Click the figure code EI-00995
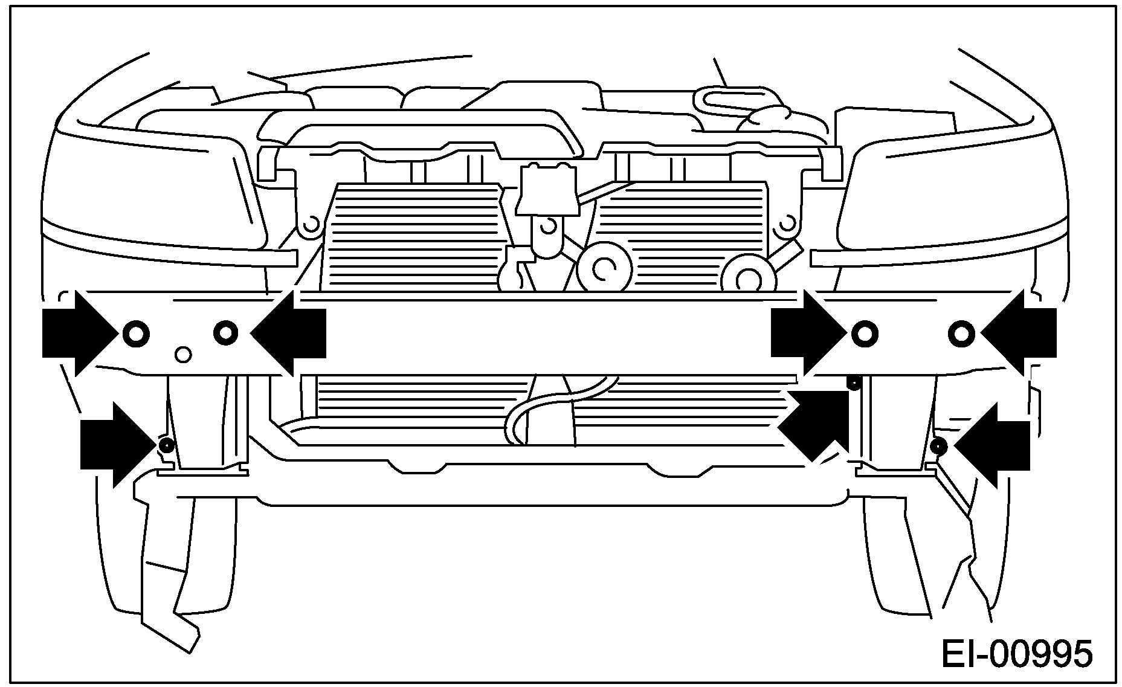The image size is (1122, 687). (x=1017, y=655)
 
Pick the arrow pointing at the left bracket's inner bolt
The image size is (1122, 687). (x=290, y=333)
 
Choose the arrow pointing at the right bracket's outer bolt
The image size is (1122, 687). (x=1021, y=333)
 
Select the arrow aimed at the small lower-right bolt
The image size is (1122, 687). (x=994, y=445)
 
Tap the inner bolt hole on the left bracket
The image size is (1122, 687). (x=225, y=332)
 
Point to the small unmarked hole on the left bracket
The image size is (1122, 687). (x=182, y=355)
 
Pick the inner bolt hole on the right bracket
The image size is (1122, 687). (x=865, y=333)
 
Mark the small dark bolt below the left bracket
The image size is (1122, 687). (x=166, y=446)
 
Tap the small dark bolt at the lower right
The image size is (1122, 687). (x=938, y=447)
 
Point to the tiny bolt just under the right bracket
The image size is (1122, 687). (x=854, y=382)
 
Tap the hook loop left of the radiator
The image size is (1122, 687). (x=311, y=225)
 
